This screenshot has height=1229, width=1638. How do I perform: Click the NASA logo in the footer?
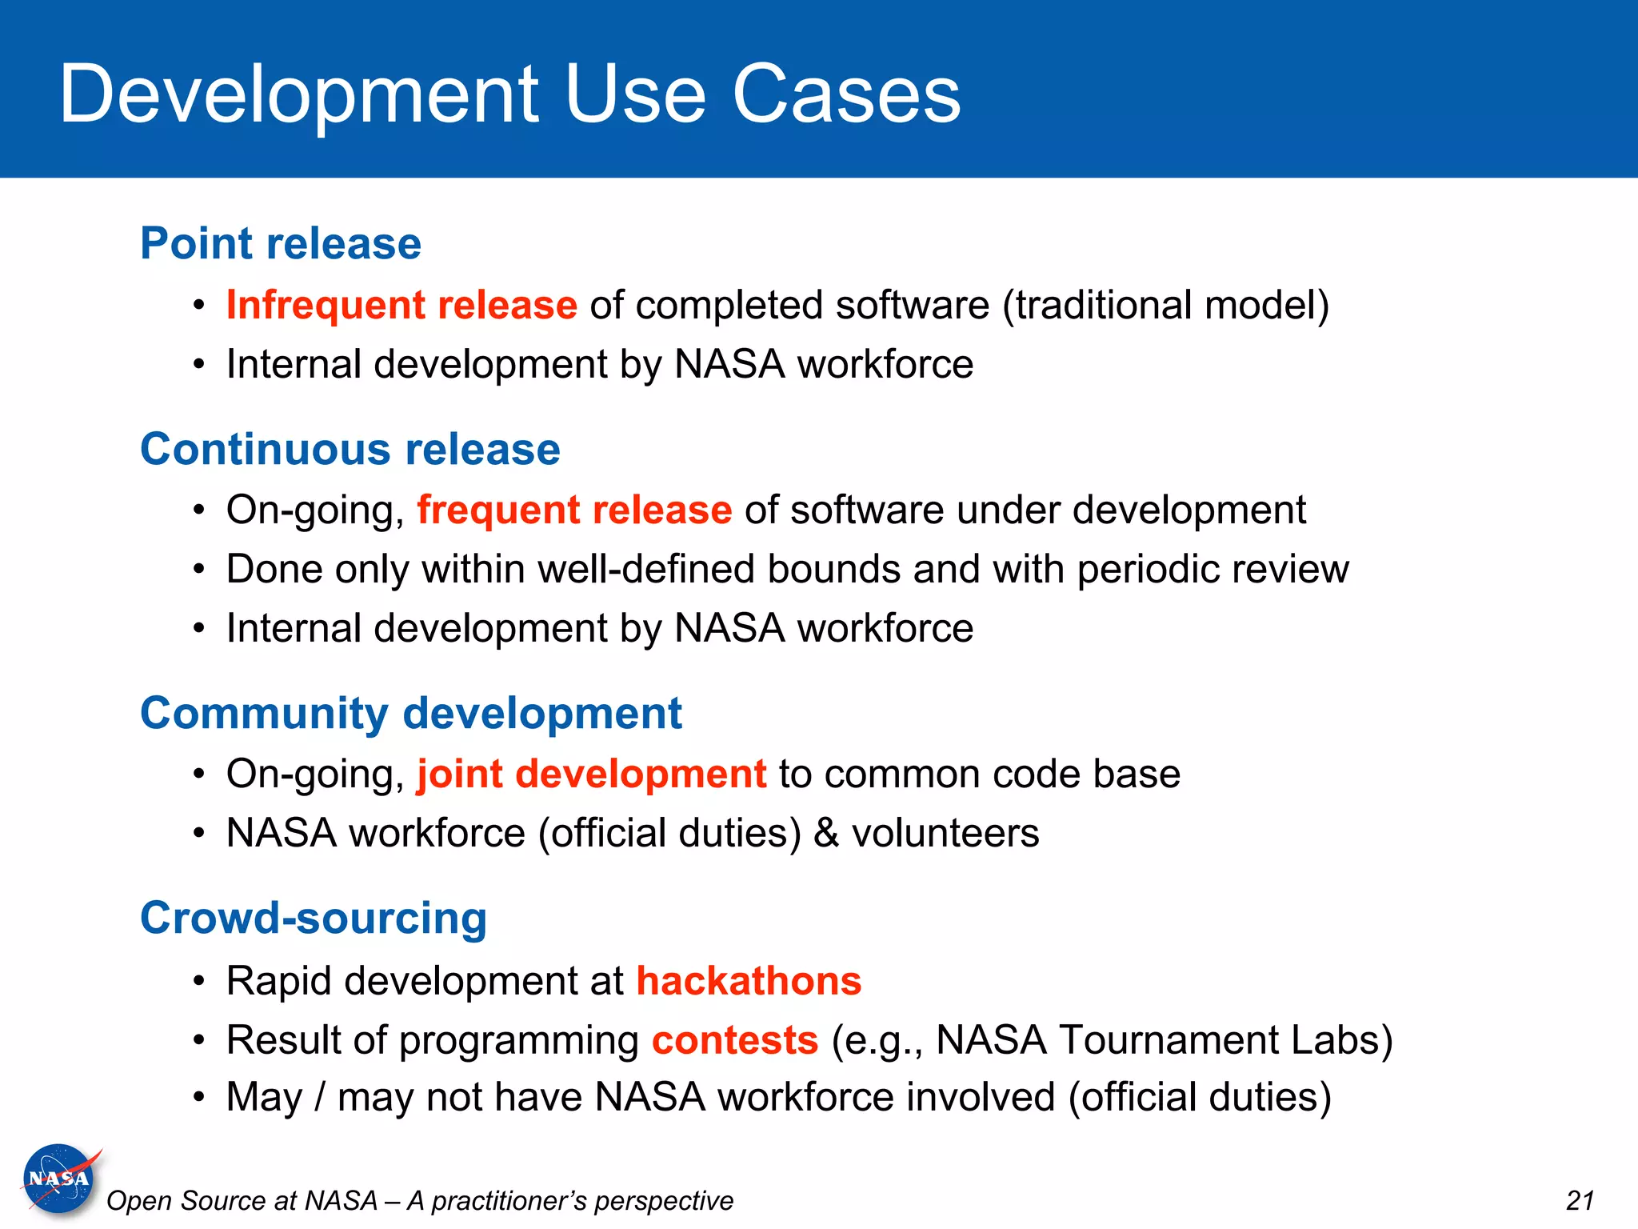59,1179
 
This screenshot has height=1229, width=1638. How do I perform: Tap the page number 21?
1580,1200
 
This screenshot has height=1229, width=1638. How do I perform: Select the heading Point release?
281,243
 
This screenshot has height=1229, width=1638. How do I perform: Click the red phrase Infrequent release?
402,305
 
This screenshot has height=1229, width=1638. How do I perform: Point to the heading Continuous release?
350,449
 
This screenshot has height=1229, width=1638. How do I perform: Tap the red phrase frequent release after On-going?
574,510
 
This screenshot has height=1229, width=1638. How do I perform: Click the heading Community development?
411,713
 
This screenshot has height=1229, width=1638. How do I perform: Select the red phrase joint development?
591,774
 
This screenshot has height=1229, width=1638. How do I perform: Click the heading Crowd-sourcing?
314,918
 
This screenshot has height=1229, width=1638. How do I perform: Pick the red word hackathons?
749,981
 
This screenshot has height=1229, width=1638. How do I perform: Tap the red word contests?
735,1040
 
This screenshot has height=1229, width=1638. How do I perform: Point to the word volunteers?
945,833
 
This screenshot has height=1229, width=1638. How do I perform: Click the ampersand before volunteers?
826,833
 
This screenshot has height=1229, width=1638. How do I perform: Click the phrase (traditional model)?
1166,305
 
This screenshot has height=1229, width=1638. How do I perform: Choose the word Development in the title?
299,94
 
